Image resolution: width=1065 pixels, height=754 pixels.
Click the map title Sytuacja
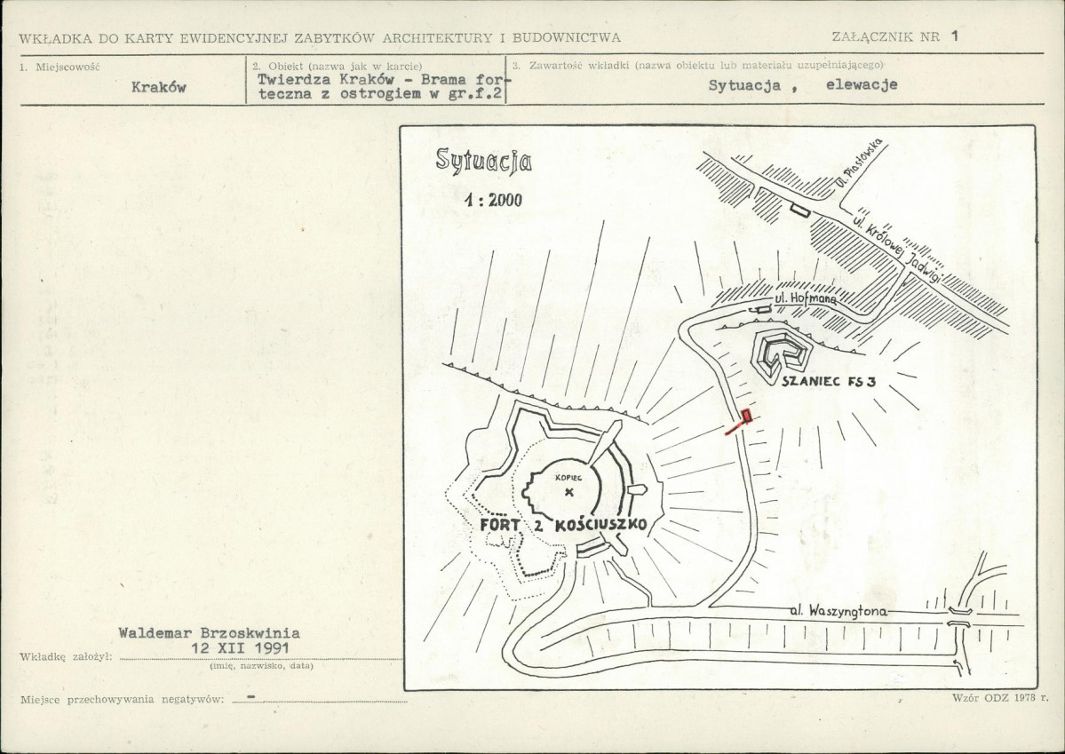(x=483, y=161)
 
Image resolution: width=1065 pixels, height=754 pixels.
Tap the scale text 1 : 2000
(x=494, y=199)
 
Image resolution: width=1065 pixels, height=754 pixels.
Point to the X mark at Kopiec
(x=569, y=493)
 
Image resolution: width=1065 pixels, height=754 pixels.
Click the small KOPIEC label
(x=568, y=478)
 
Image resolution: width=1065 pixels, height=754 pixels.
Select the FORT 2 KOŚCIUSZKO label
(x=563, y=525)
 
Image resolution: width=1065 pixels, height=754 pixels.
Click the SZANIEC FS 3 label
(x=829, y=381)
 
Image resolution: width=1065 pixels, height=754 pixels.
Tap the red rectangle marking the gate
(x=747, y=415)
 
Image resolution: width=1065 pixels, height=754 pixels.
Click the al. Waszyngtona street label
(x=838, y=611)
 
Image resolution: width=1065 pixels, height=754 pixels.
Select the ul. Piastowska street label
(x=858, y=163)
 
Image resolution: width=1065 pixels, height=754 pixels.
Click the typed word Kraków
(x=158, y=87)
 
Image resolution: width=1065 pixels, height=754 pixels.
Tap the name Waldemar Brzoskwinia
(x=209, y=633)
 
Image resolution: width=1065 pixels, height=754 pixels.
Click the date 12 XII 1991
(x=240, y=647)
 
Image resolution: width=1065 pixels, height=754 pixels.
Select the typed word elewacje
(x=862, y=85)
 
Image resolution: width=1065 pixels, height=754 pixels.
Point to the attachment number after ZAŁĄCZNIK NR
(x=954, y=36)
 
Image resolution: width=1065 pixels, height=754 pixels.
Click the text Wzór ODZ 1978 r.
(x=1000, y=698)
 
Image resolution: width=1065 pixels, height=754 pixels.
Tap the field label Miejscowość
(x=68, y=67)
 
